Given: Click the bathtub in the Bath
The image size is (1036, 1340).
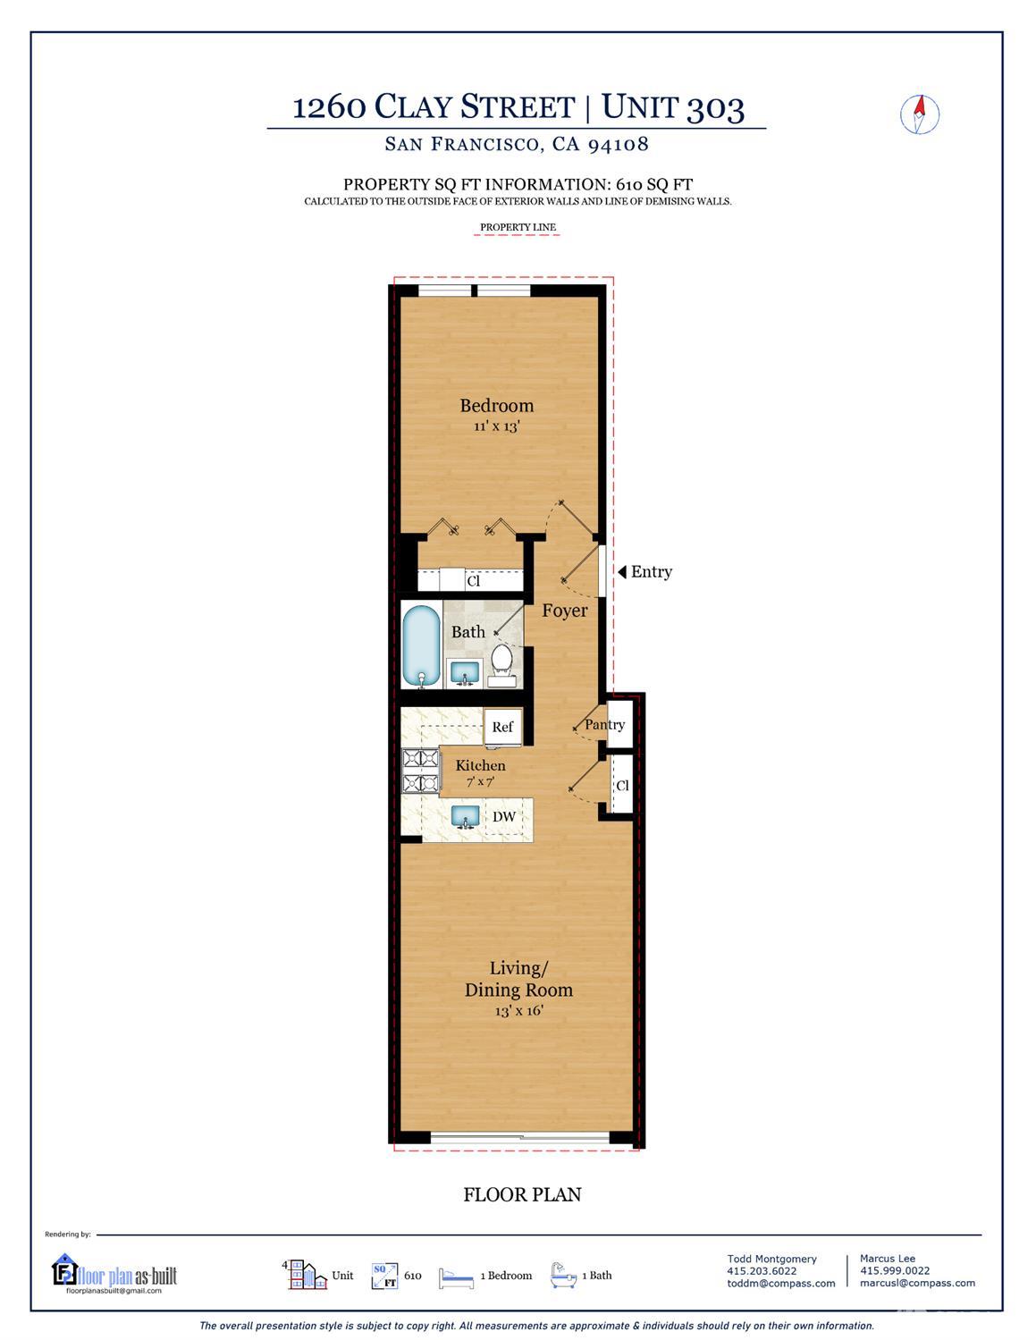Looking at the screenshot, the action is (x=422, y=645).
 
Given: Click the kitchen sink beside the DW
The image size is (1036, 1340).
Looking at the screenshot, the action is (x=466, y=816).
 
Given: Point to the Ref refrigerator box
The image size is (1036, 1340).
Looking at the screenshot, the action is (x=502, y=727).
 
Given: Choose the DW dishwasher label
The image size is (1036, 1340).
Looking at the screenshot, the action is (x=504, y=816).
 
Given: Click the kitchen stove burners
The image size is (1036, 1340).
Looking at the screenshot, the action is (x=420, y=771).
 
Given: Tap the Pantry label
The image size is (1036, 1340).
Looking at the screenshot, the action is (x=604, y=725).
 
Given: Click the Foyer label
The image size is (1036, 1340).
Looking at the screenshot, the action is (x=564, y=611).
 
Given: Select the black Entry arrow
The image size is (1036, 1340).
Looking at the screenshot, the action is (x=622, y=571).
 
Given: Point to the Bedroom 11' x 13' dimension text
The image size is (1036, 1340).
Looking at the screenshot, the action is (x=496, y=426).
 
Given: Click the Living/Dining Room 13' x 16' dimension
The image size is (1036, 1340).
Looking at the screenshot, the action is (x=518, y=1011).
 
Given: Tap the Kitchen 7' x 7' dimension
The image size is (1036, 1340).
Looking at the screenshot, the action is (x=480, y=781).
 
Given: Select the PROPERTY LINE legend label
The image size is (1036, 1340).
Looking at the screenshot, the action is (x=518, y=227).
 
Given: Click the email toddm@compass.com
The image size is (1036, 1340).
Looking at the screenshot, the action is (x=780, y=1284).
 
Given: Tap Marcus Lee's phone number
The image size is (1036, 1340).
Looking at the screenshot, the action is (x=895, y=1270).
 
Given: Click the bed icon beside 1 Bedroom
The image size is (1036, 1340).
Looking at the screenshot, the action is (x=457, y=1278).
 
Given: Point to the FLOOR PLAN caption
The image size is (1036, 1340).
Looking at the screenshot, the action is (x=522, y=1194).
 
